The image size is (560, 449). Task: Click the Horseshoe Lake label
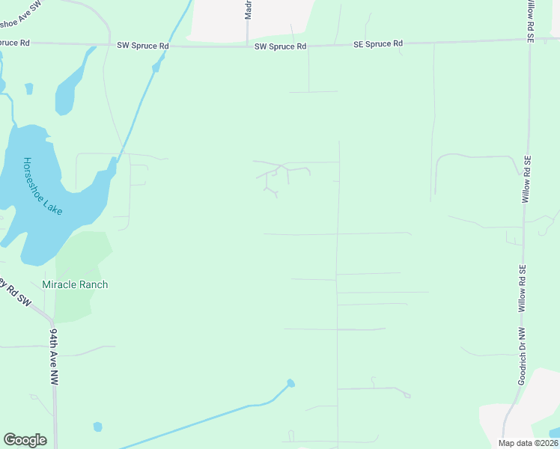pyautogui.click(x=43, y=186)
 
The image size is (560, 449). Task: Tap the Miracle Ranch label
pyautogui.click(x=75, y=284)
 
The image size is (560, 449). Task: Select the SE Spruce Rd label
pyautogui.click(x=378, y=44)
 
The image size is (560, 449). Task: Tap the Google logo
pyautogui.click(x=25, y=440)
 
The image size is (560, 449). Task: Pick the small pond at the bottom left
pyautogui.click(x=97, y=427)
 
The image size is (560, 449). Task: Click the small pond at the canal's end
pyautogui.click(x=290, y=383)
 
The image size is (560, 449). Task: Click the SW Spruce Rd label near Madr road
pyautogui.click(x=280, y=46)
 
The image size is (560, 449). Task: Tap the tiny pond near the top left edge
pyautogui.click(x=29, y=88)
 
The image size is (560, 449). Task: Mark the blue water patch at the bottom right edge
pyautogui.click(x=554, y=433)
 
